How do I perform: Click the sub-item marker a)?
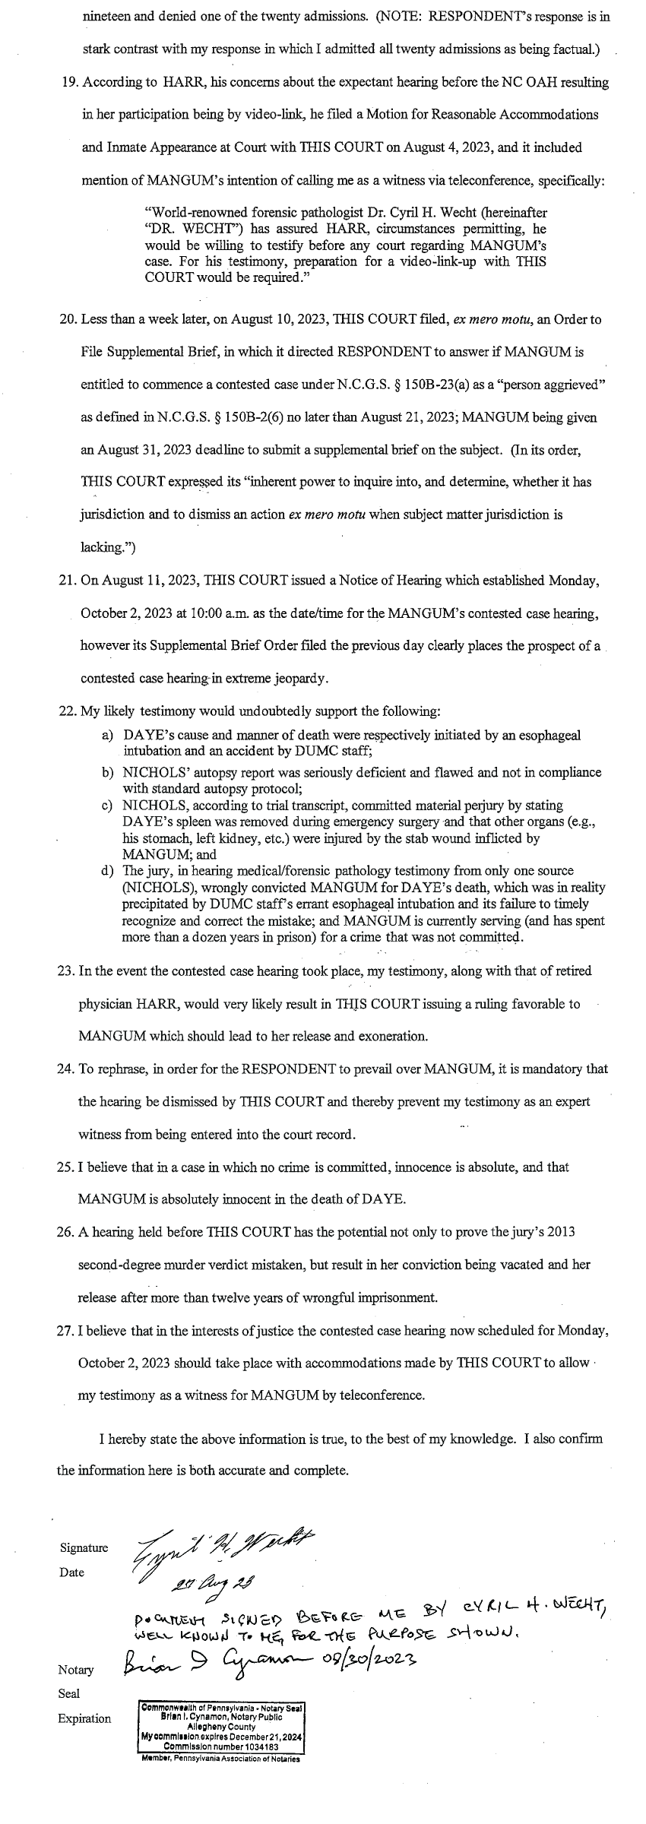coord(107,736)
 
